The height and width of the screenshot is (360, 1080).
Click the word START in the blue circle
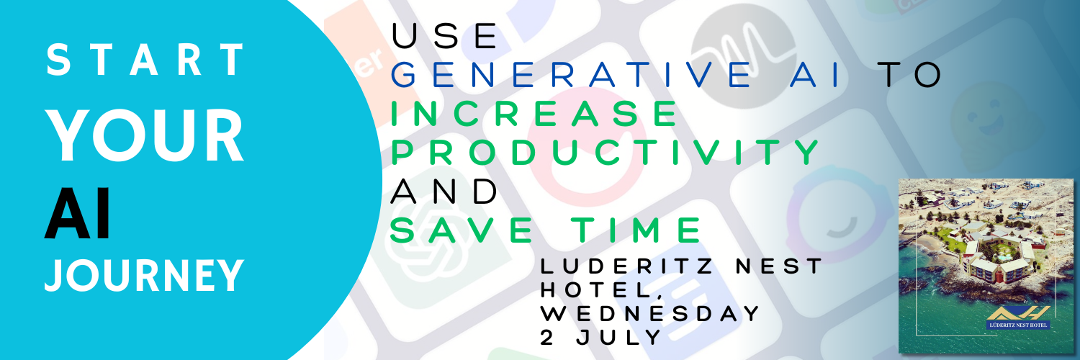[146, 60]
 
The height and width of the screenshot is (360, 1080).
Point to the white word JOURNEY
[144, 275]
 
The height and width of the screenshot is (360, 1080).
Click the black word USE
[445, 37]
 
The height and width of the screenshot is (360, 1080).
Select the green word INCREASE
[534, 114]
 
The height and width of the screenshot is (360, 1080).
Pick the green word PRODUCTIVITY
[605, 152]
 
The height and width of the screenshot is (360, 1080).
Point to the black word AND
[444, 191]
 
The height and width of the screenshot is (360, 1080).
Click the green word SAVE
[462, 230]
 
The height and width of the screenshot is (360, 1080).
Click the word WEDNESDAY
[650, 313]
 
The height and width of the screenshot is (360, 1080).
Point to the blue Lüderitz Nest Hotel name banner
[1017, 325]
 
